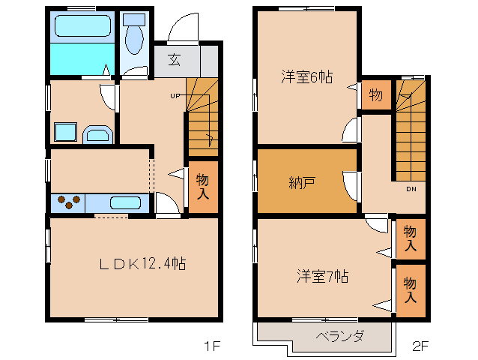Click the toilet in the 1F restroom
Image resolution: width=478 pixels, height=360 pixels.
pyautogui.click(x=134, y=34)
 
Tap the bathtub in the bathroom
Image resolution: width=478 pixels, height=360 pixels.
pyautogui.click(x=82, y=26)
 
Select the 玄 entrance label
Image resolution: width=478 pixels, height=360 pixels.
pyautogui.click(x=175, y=59)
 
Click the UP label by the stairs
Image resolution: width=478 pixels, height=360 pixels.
pyautogui.click(x=175, y=96)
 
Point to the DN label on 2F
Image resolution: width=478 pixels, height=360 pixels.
pyautogui.click(x=411, y=189)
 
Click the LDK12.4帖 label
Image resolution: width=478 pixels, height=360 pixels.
pyautogui.click(x=142, y=263)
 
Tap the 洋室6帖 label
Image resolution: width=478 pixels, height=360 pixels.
pyautogui.click(x=306, y=76)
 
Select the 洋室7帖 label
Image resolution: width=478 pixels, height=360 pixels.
pyautogui.click(x=322, y=277)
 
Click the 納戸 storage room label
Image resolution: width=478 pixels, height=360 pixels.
pyautogui.click(x=301, y=182)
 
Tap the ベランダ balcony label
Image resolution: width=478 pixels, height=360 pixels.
pyautogui.click(x=340, y=336)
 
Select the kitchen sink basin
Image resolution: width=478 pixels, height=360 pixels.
pyautogui.click(x=125, y=203)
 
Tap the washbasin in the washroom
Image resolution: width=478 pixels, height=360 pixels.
pyautogui.click(x=98, y=134)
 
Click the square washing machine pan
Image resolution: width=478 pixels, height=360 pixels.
pyautogui.click(x=65, y=132)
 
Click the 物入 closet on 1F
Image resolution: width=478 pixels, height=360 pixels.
pyautogui.click(x=203, y=187)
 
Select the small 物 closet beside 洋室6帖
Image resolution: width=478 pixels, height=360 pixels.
pyautogui.click(x=376, y=94)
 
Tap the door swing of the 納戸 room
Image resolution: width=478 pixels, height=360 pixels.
pyautogui.click(x=351, y=187)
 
